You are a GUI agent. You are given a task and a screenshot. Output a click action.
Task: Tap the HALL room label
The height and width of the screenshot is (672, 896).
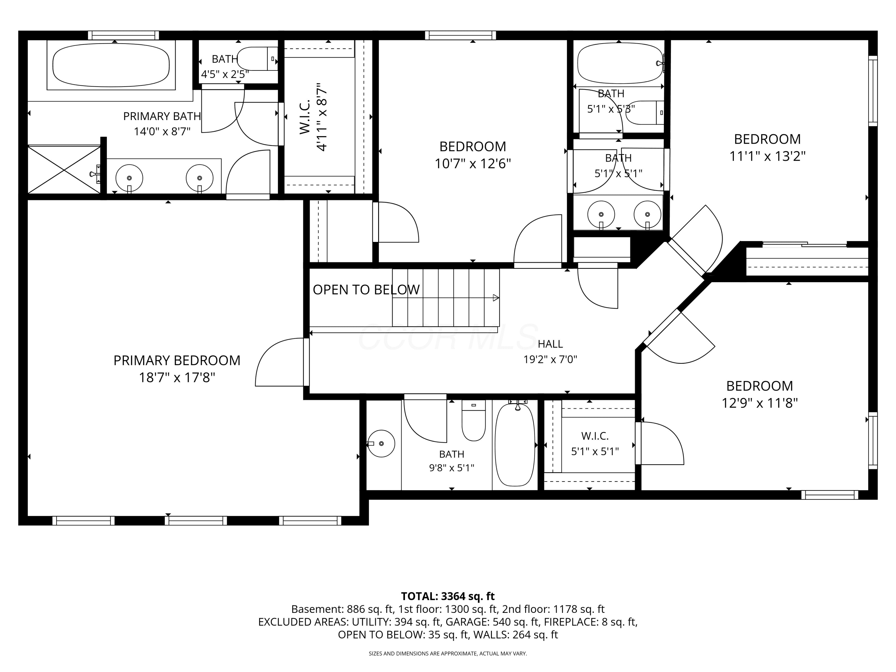tap(550, 344)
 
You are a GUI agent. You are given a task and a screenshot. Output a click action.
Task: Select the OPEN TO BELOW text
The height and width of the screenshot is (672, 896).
tap(366, 290)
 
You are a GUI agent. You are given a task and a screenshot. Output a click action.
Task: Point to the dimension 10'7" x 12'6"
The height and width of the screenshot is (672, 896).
tap(473, 164)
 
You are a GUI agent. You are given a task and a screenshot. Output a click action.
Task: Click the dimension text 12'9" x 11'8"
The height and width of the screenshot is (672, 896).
tap(760, 403)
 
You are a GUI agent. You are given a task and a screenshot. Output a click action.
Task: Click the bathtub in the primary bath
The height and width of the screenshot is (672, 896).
tap(111, 65)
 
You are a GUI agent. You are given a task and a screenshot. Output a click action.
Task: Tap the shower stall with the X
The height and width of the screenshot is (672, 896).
tap(64, 170)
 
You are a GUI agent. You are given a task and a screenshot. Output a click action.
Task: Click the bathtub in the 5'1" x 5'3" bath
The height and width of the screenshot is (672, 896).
tap(620, 64)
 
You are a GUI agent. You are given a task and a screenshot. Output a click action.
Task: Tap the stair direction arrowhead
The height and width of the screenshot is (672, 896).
tap(496, 298)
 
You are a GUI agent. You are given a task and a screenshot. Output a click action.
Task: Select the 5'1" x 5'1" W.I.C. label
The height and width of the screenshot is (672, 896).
tap(595, 444)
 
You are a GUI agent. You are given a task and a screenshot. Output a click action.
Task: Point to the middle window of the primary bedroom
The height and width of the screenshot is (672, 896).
tap(196, 521)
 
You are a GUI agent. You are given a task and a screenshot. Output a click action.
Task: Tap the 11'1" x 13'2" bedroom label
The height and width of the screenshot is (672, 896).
tap(767, 148)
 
